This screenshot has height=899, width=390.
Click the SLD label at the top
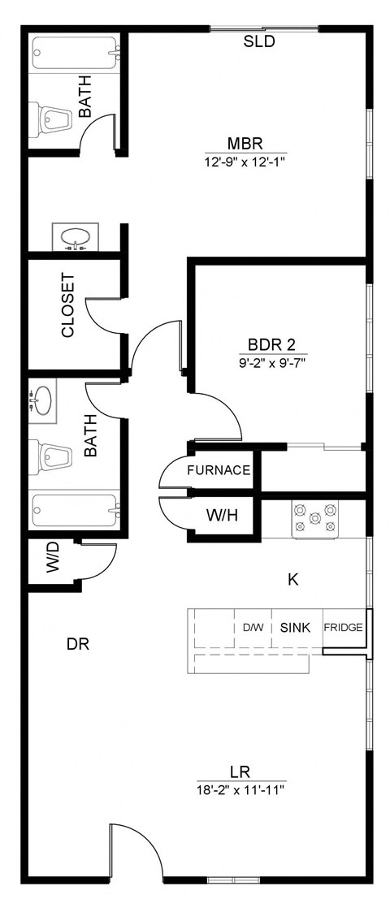(259, 41)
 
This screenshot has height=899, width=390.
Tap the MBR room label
(245, 144)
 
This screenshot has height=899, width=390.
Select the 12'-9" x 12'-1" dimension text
(245, 162)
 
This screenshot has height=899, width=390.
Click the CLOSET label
(68, 305)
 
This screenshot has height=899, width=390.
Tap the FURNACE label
(219, 470)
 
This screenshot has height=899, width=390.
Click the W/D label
(53, 562)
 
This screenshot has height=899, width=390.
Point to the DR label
(77, 645)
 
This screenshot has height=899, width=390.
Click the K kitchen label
(294, 579)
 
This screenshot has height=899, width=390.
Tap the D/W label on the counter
(253, 628)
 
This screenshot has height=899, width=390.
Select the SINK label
(297, 628)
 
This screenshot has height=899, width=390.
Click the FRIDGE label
(343, 628)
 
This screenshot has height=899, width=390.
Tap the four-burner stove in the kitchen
(314, 519)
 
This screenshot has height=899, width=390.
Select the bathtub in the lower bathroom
(75, 511)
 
